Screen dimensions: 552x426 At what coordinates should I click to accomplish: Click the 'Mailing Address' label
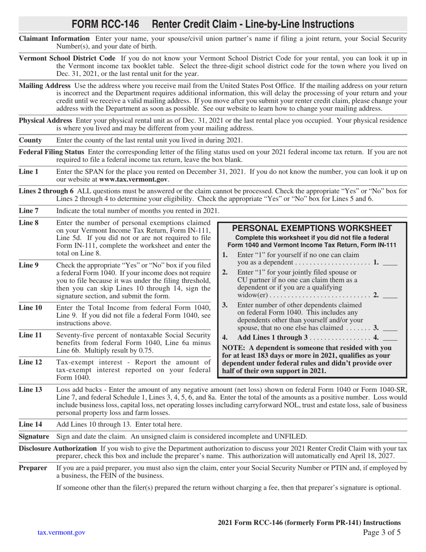[44, 86]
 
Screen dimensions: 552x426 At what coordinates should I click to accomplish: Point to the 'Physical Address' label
[45, 120]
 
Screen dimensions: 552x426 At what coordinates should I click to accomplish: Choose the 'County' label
[30, 140]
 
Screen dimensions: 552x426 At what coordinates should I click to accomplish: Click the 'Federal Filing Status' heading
[53, 152]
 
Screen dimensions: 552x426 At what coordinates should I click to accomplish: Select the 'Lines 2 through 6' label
[46, 191]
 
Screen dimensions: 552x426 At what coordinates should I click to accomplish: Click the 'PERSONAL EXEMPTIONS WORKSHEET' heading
[312, 228]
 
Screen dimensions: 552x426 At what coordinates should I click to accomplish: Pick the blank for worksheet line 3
[390, 328]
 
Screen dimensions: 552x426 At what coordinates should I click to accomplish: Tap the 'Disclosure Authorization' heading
[58, 448]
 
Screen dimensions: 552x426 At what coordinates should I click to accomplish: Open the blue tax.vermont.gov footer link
[61, 533]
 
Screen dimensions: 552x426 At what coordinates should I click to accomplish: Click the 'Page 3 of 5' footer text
[382, 533]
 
